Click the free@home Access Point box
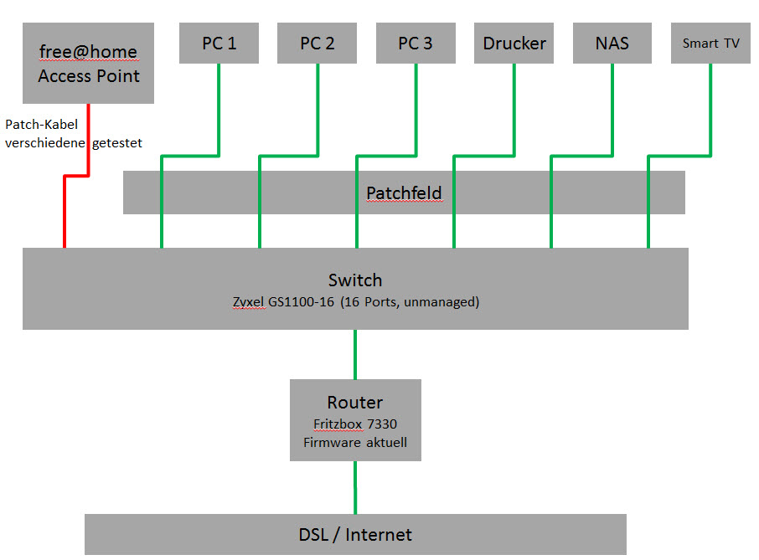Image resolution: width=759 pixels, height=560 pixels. [x=88, y=64]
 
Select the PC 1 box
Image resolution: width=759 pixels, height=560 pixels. [x=219, y=44]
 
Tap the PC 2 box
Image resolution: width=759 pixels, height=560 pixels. [x=318, y=44]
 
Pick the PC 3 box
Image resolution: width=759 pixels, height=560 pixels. [x=416, y=44]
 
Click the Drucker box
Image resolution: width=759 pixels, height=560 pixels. [x=514, y=44]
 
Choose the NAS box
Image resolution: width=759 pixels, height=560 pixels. [x=612, y=44]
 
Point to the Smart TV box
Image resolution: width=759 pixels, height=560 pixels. [x=710, y=44]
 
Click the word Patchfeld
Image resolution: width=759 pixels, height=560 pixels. [x=404, y=194]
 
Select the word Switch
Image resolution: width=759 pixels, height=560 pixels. [x=355, y=280]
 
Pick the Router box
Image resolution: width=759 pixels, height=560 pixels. [x=355, y=419]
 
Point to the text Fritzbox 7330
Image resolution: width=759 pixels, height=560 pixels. [x=355, y=424]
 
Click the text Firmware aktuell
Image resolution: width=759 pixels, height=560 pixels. [x=355, y=441]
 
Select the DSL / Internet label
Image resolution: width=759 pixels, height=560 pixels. [x=355, y=535]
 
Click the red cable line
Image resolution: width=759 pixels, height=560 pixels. [x=65, y=209]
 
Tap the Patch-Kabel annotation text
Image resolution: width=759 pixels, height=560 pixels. [x=42, y=125]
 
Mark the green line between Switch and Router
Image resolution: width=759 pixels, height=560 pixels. [x=355, y=354]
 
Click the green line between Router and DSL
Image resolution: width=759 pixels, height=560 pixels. [x=355, y=487]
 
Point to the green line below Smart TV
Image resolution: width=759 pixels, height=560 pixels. [x=710, y=109]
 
